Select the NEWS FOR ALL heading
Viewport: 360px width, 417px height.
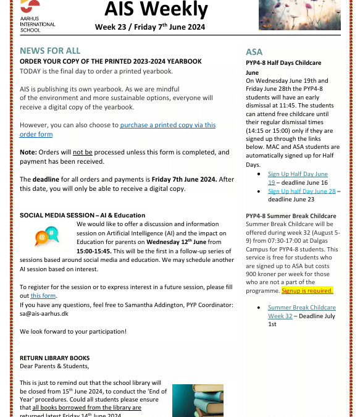pyautogui.click(x=50, y=51)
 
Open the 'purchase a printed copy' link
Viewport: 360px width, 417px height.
pyautogui.click(x=167, y=125)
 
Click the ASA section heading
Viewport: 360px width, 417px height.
pyautogui.click(x=254, y=53)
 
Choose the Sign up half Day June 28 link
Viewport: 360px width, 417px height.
pyautogui.click(x=301, y=192)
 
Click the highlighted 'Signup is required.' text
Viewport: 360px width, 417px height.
pyautogui.click(x=307, y=290)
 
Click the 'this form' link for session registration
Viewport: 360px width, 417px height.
pyautogui.click(x=43, y=296)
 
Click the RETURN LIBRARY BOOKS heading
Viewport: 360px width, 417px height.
pyautogui.click(x=54, y=358)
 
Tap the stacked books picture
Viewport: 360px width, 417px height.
pyautogui.click(x=198, y=400)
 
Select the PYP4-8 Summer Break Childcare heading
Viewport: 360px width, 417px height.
pyautogui.click(x=291, y=216)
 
